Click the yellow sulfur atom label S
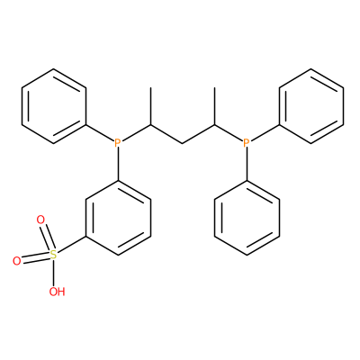pos(53,255)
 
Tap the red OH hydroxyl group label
pos(57,292)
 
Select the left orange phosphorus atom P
pos(118,143)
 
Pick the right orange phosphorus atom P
pos(246,143)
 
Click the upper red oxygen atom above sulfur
pos(40,220)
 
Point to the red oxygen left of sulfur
pos(17,261)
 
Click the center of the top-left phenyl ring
pos(54,106)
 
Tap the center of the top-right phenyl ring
pos(311,106)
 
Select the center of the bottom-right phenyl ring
pos(247,218)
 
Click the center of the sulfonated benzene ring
pos(118,218)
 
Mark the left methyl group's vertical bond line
pos(150,106)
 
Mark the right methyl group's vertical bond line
pos(215,106)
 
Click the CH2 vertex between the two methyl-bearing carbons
pos(183,143)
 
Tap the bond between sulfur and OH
pos(53,273)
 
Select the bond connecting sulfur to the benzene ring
pos(71,245)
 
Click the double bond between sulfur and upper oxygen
pos(47,237)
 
